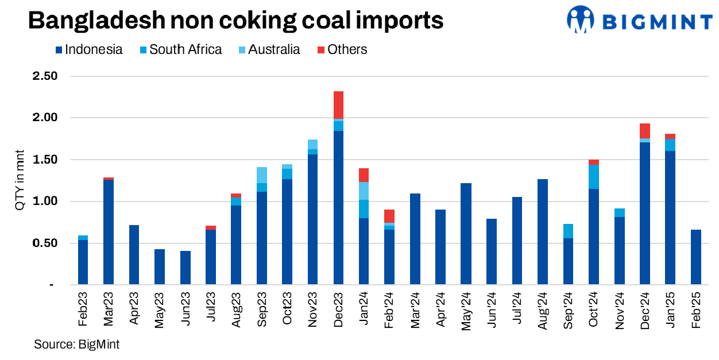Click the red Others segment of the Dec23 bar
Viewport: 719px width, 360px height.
[338, 105]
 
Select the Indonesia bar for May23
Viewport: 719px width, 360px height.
[160, 266]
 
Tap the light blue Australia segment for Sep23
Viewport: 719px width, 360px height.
[262, 175]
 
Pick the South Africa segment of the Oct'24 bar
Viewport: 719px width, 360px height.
[594, 177]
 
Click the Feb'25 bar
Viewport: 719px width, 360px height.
[695, 257]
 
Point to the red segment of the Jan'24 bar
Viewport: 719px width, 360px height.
[364, 175]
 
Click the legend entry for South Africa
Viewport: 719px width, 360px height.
[185, 49]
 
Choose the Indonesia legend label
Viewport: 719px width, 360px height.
[94, 49]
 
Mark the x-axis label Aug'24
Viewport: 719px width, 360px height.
[543, 311]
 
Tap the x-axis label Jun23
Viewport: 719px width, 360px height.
[185, 311]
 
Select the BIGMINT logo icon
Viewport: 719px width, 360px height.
[580, 20]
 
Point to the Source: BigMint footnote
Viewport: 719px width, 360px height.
[76, 344]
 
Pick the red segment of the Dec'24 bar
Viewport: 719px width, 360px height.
[644, 131]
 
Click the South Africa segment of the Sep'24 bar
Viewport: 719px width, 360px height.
[568, 231]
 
